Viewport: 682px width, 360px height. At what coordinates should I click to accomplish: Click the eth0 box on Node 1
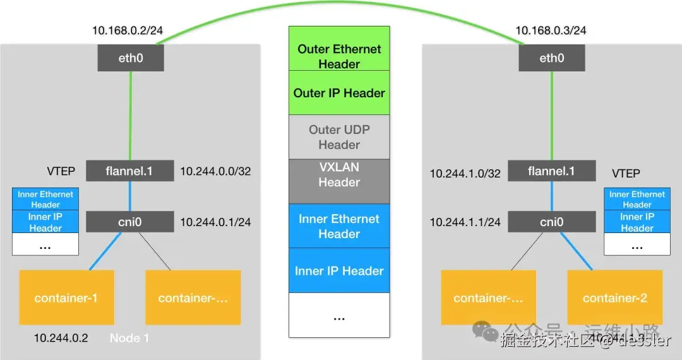[x=131, y=58]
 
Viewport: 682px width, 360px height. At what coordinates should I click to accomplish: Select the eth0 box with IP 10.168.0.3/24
[x=551, y=58]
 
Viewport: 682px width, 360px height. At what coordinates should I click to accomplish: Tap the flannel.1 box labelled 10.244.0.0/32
[x=129, y=171]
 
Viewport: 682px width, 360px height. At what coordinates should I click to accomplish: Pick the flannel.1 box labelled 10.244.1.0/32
[x=551, y=171]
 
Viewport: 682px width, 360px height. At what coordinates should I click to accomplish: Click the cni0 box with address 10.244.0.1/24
[x=129, y=222]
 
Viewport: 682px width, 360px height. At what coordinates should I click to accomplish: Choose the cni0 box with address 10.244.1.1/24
[x=551, y=222]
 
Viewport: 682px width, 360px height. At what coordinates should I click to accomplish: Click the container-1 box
[x=66, y=297]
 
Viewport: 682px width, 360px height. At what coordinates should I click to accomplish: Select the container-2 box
[x=614, y=297]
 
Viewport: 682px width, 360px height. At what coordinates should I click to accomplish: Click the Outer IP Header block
[x=339, y=93]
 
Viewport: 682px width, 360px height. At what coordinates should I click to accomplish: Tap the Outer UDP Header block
[x=339, y=137]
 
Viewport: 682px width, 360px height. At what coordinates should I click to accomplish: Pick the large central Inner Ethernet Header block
[x=339, y=226]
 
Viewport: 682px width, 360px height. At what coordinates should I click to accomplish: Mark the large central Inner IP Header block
[x=339, y=271]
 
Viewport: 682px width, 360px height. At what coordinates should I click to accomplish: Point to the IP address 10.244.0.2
[x=61, y=338]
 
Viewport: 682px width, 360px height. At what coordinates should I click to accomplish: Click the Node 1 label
[x=129, y=338]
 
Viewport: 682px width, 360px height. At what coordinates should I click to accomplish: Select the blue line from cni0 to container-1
[x=105, y=251]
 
